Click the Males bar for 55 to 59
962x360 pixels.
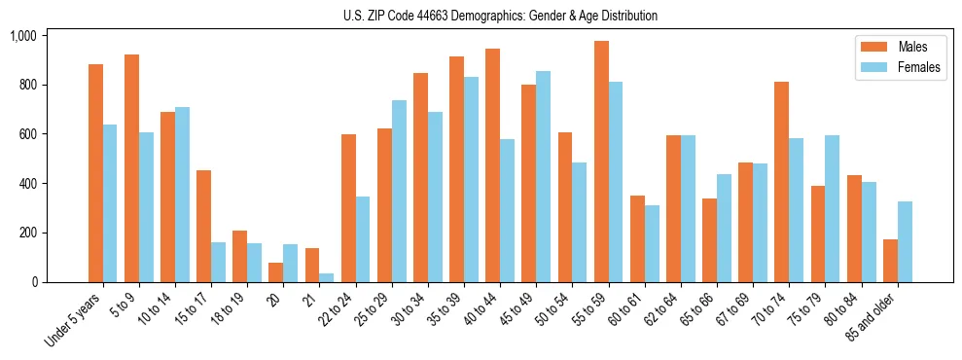[601, 162]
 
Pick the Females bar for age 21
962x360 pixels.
[327, 277]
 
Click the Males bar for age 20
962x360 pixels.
[276, 272]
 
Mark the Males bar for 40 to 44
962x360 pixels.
[493, 165]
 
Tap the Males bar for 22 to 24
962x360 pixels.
[348, 208]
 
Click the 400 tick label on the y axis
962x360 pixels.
[27, 184]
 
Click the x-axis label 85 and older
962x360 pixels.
[874, 321]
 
